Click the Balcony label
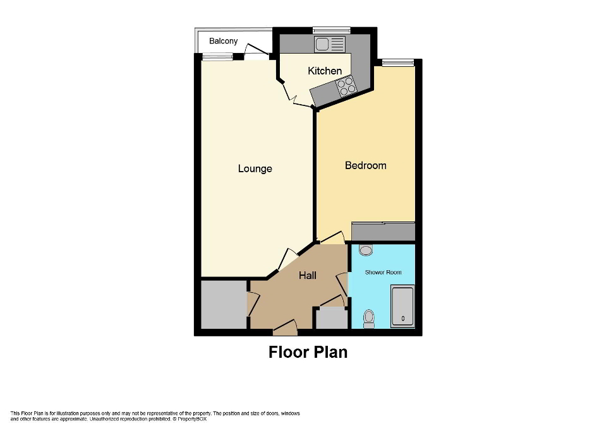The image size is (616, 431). pos(224,41)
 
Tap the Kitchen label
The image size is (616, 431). pos(325,71)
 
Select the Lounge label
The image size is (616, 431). pos(255,168)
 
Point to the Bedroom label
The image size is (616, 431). pos(365,165)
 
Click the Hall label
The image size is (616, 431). pos(308,275)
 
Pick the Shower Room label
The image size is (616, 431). pos(383,272)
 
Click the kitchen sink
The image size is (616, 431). pos(330,44)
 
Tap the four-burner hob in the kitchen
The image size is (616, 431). pos(346,86)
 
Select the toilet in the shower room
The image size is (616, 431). pos(369,319)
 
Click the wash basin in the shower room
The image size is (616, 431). pos(366,250)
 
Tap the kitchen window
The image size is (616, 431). pos(332,29)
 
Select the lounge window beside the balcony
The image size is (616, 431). pos(217,57)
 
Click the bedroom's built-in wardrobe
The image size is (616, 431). pos(383,232)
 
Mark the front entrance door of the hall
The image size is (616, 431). pos(286,328)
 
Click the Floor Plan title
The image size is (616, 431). pos(308,351)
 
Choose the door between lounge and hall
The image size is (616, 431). pos(288,258)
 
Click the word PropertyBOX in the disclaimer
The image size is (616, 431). pos(192,419)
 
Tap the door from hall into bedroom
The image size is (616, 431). pos(332,238)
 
